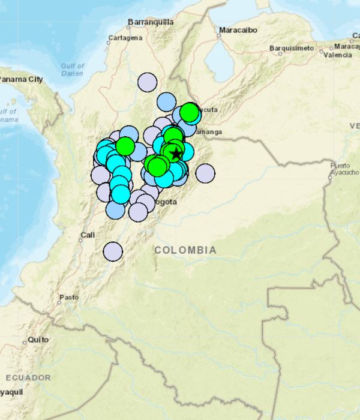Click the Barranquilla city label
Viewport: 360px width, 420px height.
click(150, 22)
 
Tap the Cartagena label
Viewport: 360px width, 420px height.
click(125, 38)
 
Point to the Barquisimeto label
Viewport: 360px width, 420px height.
click(292, 47)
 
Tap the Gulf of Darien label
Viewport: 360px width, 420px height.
click(72, 69)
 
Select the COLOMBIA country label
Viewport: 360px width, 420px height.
click(185, 250)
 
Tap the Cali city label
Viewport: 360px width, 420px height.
click(88, 235)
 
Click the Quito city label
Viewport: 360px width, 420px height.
click(38, 340)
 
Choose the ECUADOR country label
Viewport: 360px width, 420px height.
click(28, 377)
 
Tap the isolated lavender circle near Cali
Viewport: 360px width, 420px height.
click(112, 251)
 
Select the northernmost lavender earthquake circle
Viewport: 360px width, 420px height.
click(147, 82)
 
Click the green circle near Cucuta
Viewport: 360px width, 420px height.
click(189, 112)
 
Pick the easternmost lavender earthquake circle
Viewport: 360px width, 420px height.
click(205, 173)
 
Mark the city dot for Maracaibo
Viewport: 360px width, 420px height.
click(220, 35)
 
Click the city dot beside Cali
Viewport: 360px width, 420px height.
click(81, 240)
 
